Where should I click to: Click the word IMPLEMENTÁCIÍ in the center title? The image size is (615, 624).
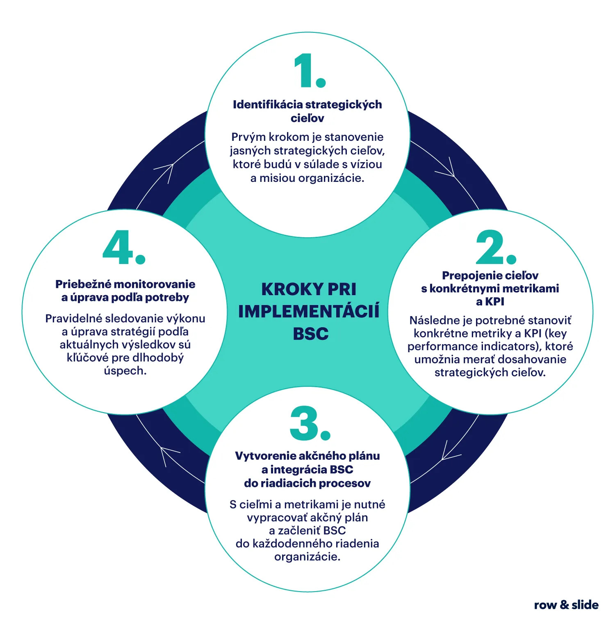click(x=309, y=311)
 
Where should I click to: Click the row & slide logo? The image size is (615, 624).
click(x=566, y=605)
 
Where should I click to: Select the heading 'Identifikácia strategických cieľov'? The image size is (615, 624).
click(x=307, y=111)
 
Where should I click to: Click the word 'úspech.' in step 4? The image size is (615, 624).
click(x=125, y=371)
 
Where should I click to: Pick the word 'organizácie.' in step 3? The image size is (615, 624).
click(x=307, y=557)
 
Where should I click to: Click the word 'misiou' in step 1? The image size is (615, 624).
click(x=273, y=178)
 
